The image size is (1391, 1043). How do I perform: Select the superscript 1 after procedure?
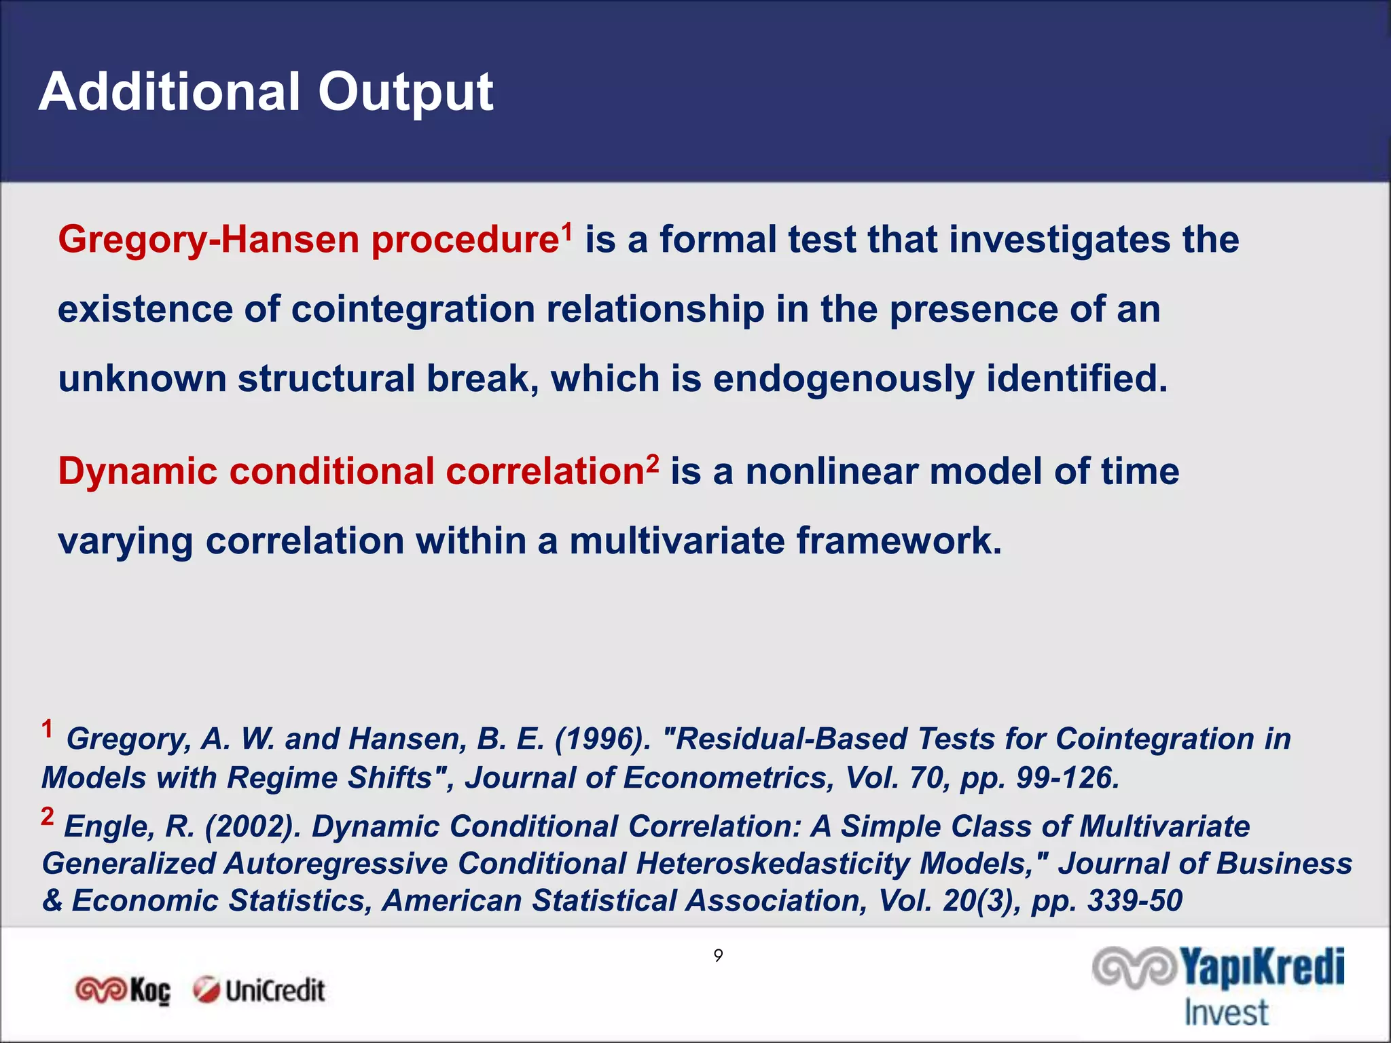pos(566,230)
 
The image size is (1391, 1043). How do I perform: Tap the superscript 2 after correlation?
pos(652,462)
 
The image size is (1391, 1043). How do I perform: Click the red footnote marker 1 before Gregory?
pos(47,729)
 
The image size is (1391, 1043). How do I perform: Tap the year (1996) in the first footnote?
pos(602,739)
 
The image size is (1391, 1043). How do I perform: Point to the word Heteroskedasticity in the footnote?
pos(777,864)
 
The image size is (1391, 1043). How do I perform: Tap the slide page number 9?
pos(718,955)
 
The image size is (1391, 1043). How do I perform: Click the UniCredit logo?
pos(259,991)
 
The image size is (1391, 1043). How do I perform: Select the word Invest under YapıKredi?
pos(1226,1012)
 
